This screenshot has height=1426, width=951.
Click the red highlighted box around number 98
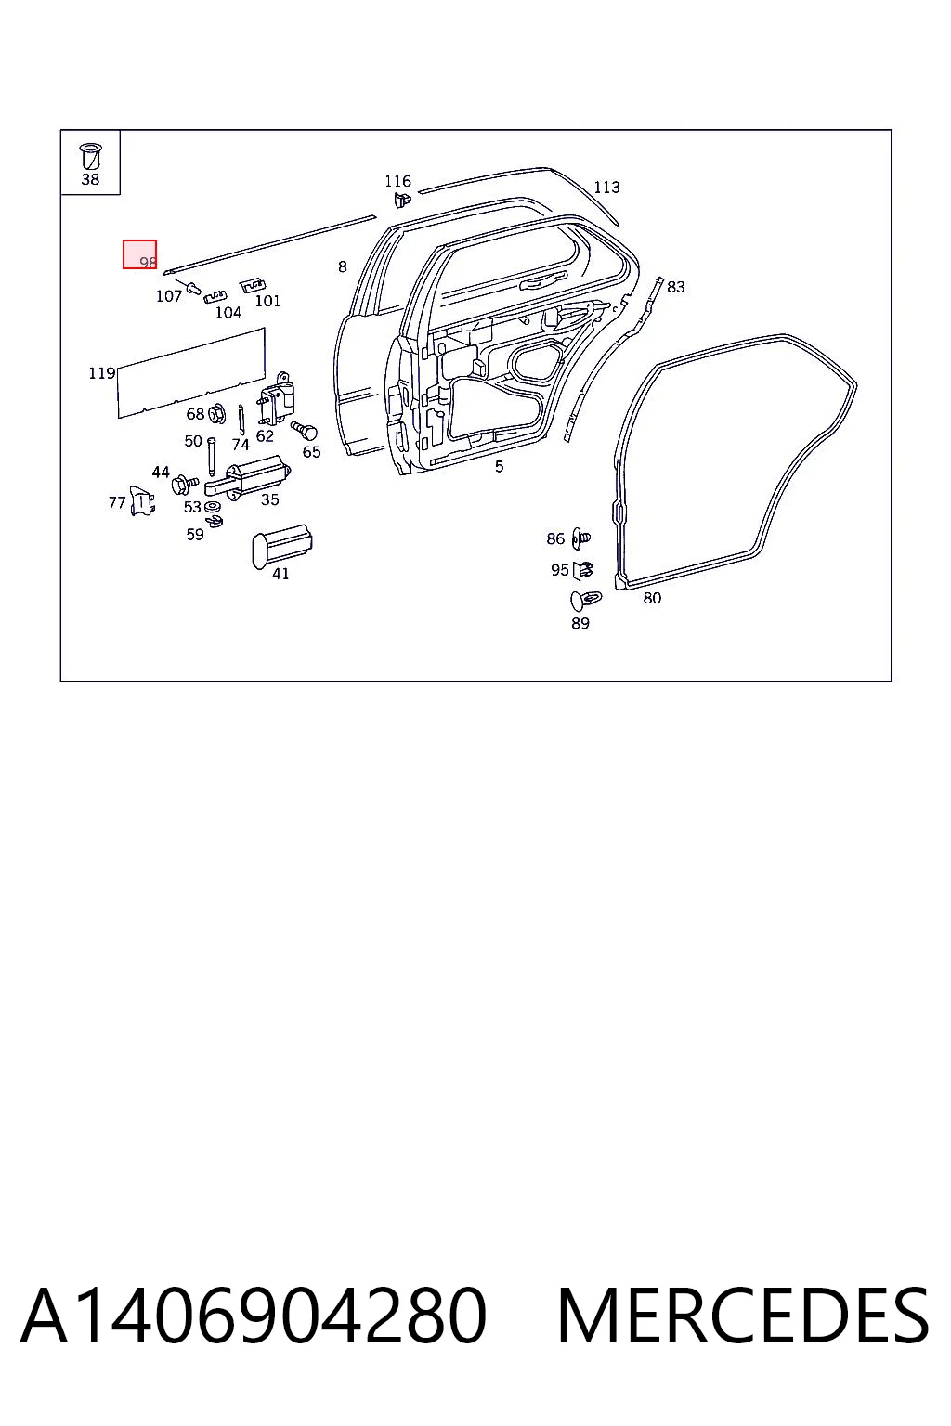click(139, 254)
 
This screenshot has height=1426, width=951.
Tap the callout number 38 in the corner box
click(90, 179)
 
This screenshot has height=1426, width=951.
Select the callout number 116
click(398, 181)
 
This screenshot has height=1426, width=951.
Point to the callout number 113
click(606, 188)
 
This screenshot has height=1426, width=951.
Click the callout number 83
click(676, 287)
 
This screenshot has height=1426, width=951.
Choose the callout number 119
click(102, 373)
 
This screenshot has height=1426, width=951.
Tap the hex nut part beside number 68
click(217, 414)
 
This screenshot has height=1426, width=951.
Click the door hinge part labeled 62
click(277, 398)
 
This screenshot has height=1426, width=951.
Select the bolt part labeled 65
click(306, 431)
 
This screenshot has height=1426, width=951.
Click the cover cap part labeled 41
click(282, 547)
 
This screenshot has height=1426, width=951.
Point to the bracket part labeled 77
click(142, 501)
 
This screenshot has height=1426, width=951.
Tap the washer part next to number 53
click(212, 508)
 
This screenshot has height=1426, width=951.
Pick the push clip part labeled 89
click(585, 601)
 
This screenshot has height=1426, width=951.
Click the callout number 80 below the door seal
click(652, 599)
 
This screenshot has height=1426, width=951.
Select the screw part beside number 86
click(581, 538)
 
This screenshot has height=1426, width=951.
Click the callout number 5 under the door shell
click(500, 467)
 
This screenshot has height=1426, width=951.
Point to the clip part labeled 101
click(253, 285)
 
